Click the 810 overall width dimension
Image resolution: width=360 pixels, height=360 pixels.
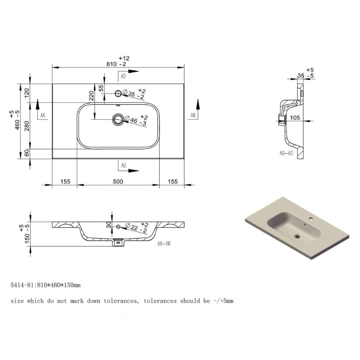[x=112, y=64]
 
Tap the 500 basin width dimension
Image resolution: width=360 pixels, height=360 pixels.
[x=118, y=181]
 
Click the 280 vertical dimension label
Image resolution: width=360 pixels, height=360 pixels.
[x=27, y=126]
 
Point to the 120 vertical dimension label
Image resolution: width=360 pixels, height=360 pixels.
[x=27, y=93]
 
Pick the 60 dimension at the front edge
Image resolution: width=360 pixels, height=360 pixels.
[x=27, y=153]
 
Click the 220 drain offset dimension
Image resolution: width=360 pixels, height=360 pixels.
[x=91, y=96]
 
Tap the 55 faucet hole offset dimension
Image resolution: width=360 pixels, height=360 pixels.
[x=101, y=88]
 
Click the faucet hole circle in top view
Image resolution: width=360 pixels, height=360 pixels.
[x=118, y=94]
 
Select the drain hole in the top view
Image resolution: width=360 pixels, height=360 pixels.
[x=118, y=119]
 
